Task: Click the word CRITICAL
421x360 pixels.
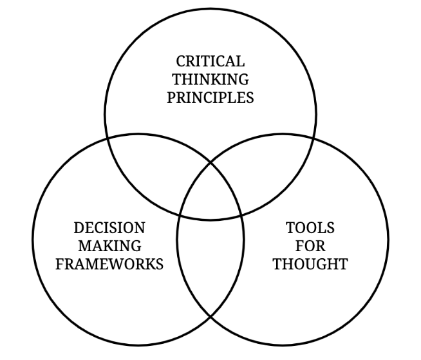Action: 210,62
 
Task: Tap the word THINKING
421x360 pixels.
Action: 210,80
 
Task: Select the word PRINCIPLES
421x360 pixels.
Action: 210,99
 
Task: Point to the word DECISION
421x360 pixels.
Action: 109,228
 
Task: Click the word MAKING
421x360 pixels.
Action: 109,246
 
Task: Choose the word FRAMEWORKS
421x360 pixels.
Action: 109,264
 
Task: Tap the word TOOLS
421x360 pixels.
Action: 310,228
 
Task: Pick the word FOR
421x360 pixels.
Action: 310,246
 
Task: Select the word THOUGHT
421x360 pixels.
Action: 310,264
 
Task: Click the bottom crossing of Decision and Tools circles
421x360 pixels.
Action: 210,317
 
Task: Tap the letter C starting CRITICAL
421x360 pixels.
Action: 181,62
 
